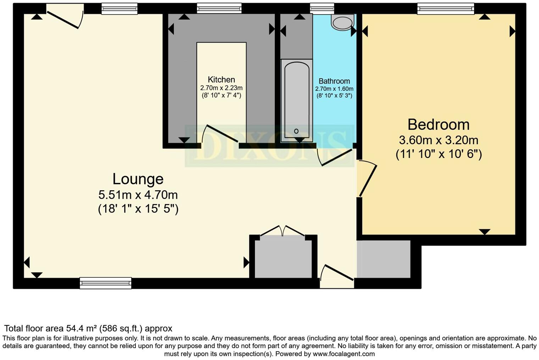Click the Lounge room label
click(138, 179)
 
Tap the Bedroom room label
click(438, 125)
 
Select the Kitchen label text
click(221, 79)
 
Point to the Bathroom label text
click(334, 81)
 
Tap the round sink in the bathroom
click(342, 22)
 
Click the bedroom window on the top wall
click(445, 9)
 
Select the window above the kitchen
click(219, 9)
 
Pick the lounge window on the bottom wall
click(106, 283)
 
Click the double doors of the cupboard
click(283, 231)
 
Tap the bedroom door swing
click(368, 179)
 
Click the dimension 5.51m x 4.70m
click(138, 195)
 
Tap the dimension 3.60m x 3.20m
click(438, 140)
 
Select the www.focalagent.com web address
click(344, 354)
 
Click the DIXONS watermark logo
click(269, 146)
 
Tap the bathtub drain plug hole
click(296, 131)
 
